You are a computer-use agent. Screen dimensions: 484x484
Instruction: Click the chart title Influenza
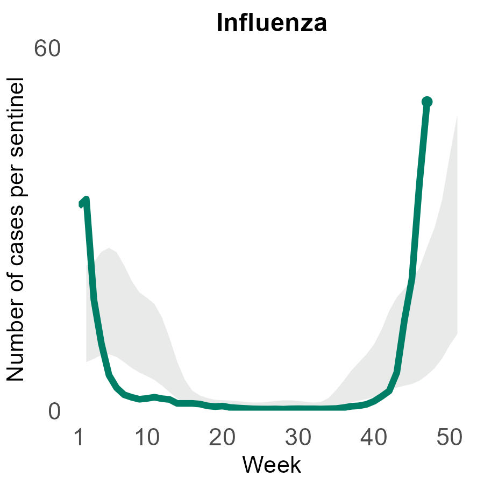[272, 24]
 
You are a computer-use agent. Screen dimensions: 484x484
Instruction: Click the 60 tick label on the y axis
[47, 49]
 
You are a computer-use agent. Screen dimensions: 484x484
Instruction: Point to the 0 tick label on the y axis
[54, 411]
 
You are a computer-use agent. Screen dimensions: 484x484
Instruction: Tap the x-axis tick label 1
[79, 438]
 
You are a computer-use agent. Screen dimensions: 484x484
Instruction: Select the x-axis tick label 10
[147, 438]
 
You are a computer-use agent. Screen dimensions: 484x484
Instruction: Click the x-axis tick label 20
[222, 438]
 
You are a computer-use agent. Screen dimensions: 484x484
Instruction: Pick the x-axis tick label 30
[297, 438]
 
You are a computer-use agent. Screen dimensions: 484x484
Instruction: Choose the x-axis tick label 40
[373, 438]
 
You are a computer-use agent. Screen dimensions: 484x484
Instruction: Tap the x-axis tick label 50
[449, 438]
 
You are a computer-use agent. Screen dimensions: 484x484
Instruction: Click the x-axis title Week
[272, 464]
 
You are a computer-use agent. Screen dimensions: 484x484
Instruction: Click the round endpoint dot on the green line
[427, 102]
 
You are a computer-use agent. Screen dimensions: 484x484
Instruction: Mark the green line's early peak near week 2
[86, 200]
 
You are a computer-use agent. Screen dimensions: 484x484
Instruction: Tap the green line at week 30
[297, 408]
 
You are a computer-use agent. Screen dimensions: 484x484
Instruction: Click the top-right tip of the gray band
[457, 116]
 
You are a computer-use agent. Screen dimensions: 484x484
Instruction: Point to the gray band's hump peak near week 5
[109, 249]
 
